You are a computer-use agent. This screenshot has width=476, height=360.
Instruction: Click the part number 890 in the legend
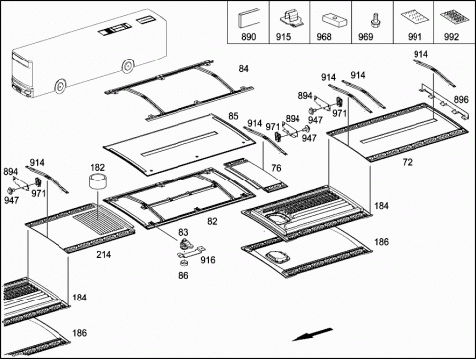pyautogui.click(x=248, y=37)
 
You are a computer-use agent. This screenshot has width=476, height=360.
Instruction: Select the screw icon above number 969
pyautogui.click(x=374, y=19)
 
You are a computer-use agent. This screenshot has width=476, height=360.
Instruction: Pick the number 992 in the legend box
pyautogui.click(x=451, y=37)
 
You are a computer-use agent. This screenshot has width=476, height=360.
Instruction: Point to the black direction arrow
pyautogui.click(x=312, y=334)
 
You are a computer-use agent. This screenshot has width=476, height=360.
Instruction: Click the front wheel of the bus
pyautogui.click(x=59, y=87)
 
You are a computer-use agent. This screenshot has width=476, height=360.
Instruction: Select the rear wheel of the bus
pyautogui.click(x=128, y=66)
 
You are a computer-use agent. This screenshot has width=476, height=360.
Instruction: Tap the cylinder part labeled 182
pyautogui.click(x=97, y=182)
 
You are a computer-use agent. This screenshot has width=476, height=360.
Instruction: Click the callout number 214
pyautogui.click(x=103, y=255)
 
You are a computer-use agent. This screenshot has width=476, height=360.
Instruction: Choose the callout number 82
pyautogui.click(x=212, y=221)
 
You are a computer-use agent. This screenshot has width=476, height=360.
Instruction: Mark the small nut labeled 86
pyautogui.click(x=183, y=263)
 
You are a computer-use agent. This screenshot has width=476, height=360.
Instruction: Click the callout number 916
pyautogui.click(x=208, y=260)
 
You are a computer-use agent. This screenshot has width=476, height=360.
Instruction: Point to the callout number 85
pyautogui.click(x=233, y=116)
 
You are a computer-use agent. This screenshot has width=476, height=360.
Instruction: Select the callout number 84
pyautogui.click(x=243, y=68)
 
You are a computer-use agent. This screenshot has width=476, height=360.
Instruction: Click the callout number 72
pyautogui.click(x=408, y=162)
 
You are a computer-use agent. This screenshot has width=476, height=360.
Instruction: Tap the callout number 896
pyautogui.click(x=461, y=99)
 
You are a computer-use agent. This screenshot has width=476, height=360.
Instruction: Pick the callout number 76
pyautogui.click(x=276, y=168)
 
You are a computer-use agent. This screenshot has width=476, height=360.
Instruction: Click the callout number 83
pyautogui.click(x=183, y=232)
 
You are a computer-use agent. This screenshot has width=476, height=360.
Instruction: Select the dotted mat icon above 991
pyautogui.click(x=415, y=18)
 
